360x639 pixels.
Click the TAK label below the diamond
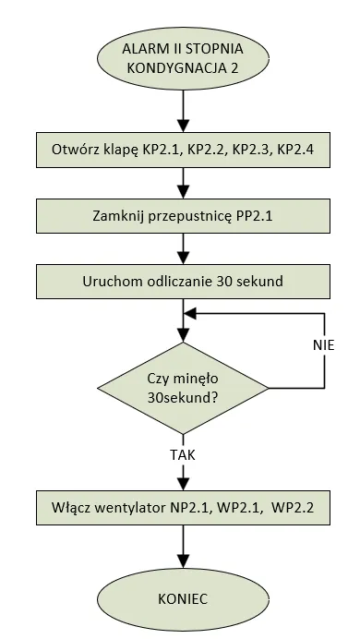183,454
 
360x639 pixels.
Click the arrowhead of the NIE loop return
191,313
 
